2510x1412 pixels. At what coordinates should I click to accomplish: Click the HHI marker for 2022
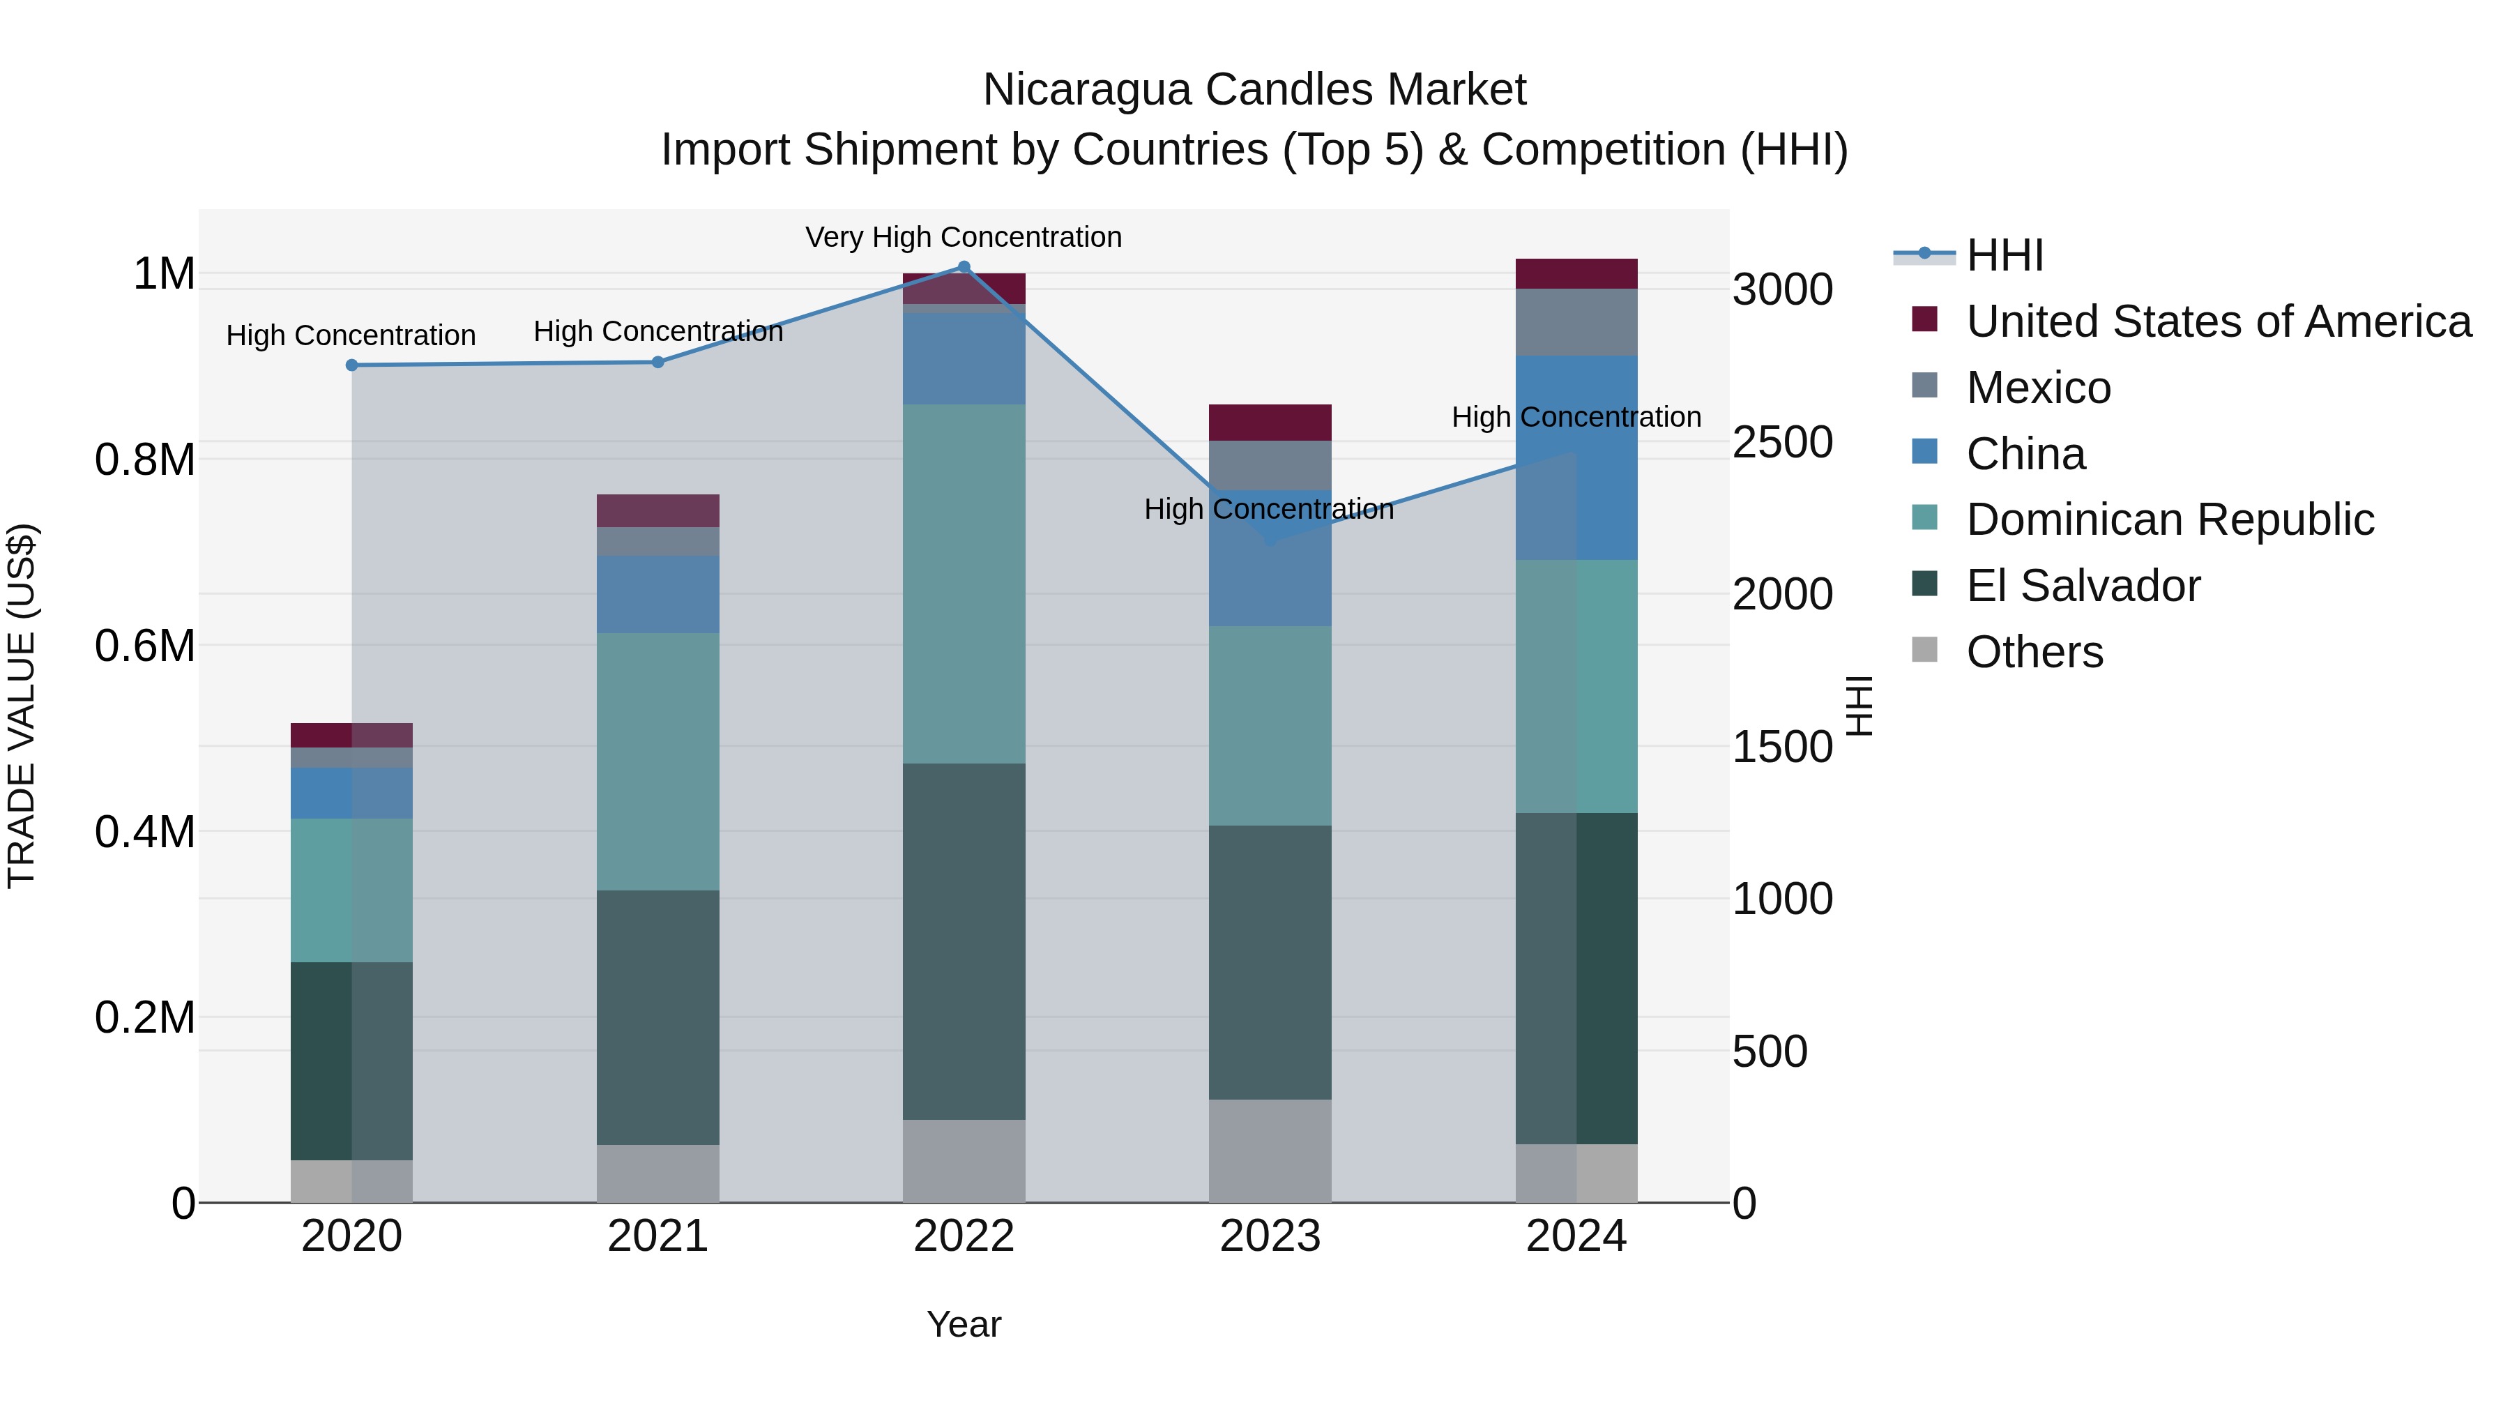964,267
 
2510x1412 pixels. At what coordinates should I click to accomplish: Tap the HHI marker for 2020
352,365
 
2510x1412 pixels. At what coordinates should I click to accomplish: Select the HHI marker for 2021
657,363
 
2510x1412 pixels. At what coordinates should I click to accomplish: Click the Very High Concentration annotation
963,238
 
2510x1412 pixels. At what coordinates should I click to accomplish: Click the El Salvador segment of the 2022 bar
964,941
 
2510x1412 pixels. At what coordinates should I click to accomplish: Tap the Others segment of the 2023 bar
1270,1150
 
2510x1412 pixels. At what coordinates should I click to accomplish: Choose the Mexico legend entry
2039,388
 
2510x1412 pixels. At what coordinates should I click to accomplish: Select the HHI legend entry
2005,255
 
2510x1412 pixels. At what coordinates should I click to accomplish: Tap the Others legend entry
2034,652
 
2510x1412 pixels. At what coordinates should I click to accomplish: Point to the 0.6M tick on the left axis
145,645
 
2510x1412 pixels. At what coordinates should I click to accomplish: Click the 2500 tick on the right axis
1782,441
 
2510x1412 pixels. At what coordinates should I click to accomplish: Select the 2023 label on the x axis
1270,1236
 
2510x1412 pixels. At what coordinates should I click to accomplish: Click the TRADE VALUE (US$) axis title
22,706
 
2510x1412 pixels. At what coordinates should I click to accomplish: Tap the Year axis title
964,1324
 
